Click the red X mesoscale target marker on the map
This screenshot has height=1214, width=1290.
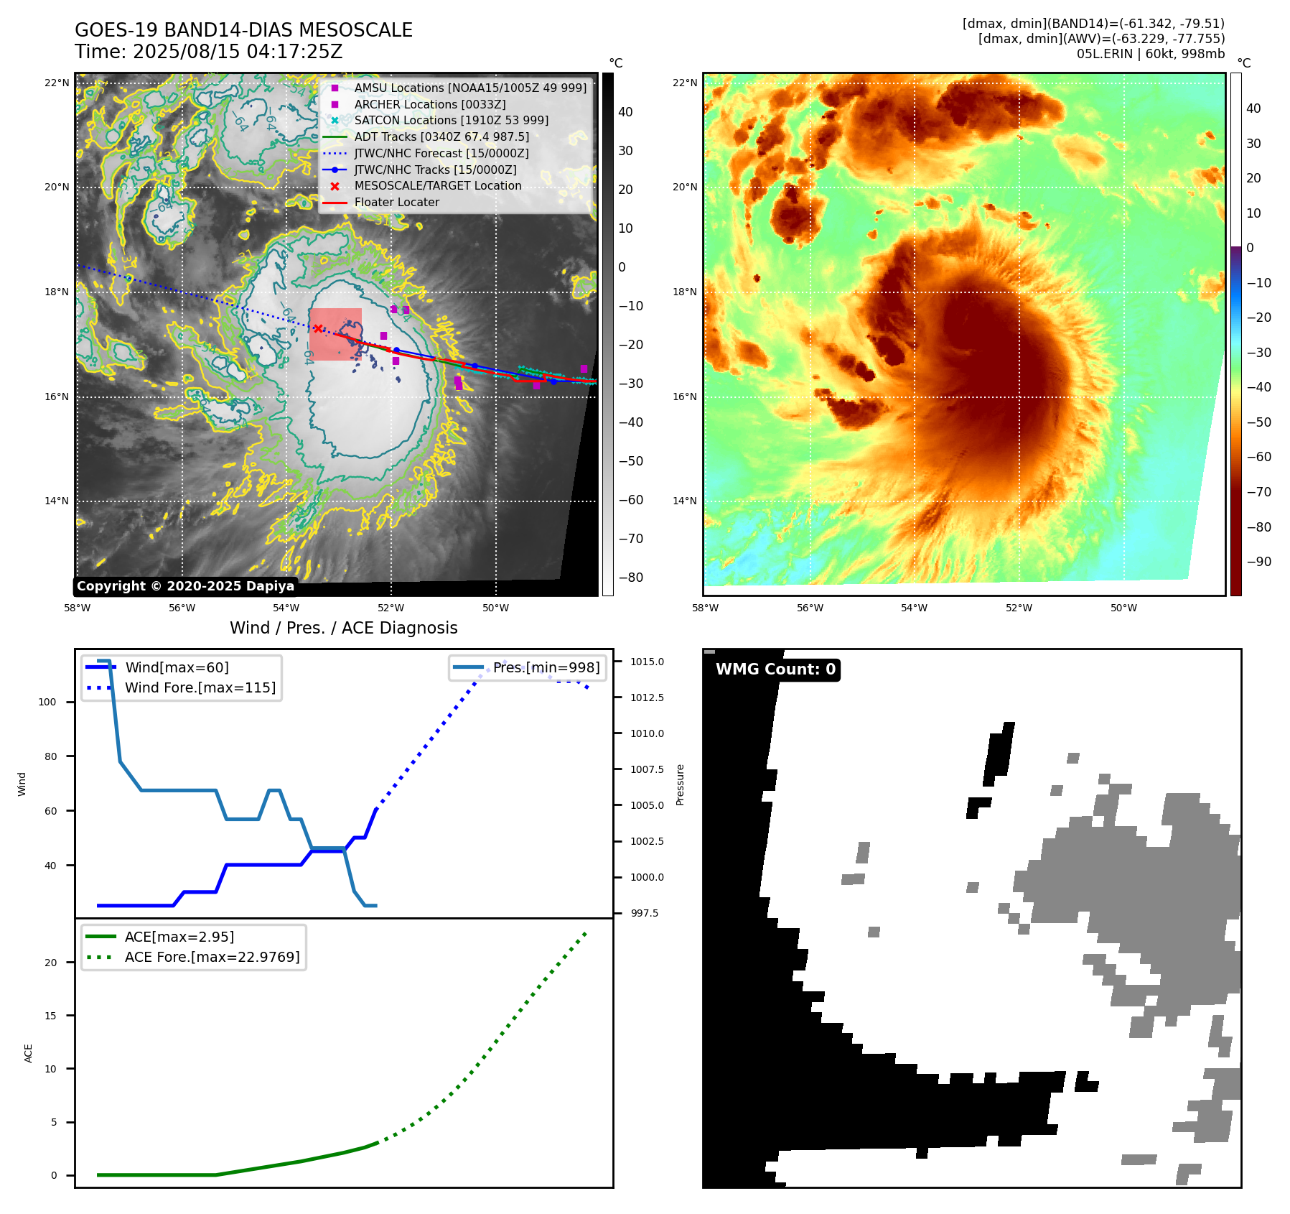(318, 328)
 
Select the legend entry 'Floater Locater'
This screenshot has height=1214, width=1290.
(396, 203)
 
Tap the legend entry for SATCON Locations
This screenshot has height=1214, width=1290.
(451, 121)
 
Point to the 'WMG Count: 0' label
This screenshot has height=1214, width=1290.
(775, 669)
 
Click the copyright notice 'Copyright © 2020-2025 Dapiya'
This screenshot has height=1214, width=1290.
(185, 586)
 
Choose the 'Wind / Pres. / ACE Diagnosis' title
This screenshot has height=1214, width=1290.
(343, 628)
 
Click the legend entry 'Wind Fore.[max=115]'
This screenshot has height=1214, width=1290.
(200, 687)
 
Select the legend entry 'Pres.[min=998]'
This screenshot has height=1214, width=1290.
(546, 667)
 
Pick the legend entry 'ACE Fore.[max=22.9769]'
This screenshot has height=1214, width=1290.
(212, 957)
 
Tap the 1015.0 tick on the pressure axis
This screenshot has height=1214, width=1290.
(647, 662)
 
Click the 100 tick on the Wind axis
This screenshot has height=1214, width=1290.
(47, 702)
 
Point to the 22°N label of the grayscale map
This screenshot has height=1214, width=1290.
(57, 83)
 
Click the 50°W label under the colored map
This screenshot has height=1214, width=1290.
(1123, 608)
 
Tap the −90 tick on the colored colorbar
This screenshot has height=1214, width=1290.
(1258, 562)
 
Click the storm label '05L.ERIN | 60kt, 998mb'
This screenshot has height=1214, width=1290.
(1150, 54)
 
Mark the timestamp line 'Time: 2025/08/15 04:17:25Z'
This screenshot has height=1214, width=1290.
(208, 52)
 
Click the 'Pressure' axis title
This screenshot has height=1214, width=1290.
(680, 784)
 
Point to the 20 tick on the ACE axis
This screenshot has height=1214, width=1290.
(50, 963)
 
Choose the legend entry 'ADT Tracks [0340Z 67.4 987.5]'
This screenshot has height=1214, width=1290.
(441, 137)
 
